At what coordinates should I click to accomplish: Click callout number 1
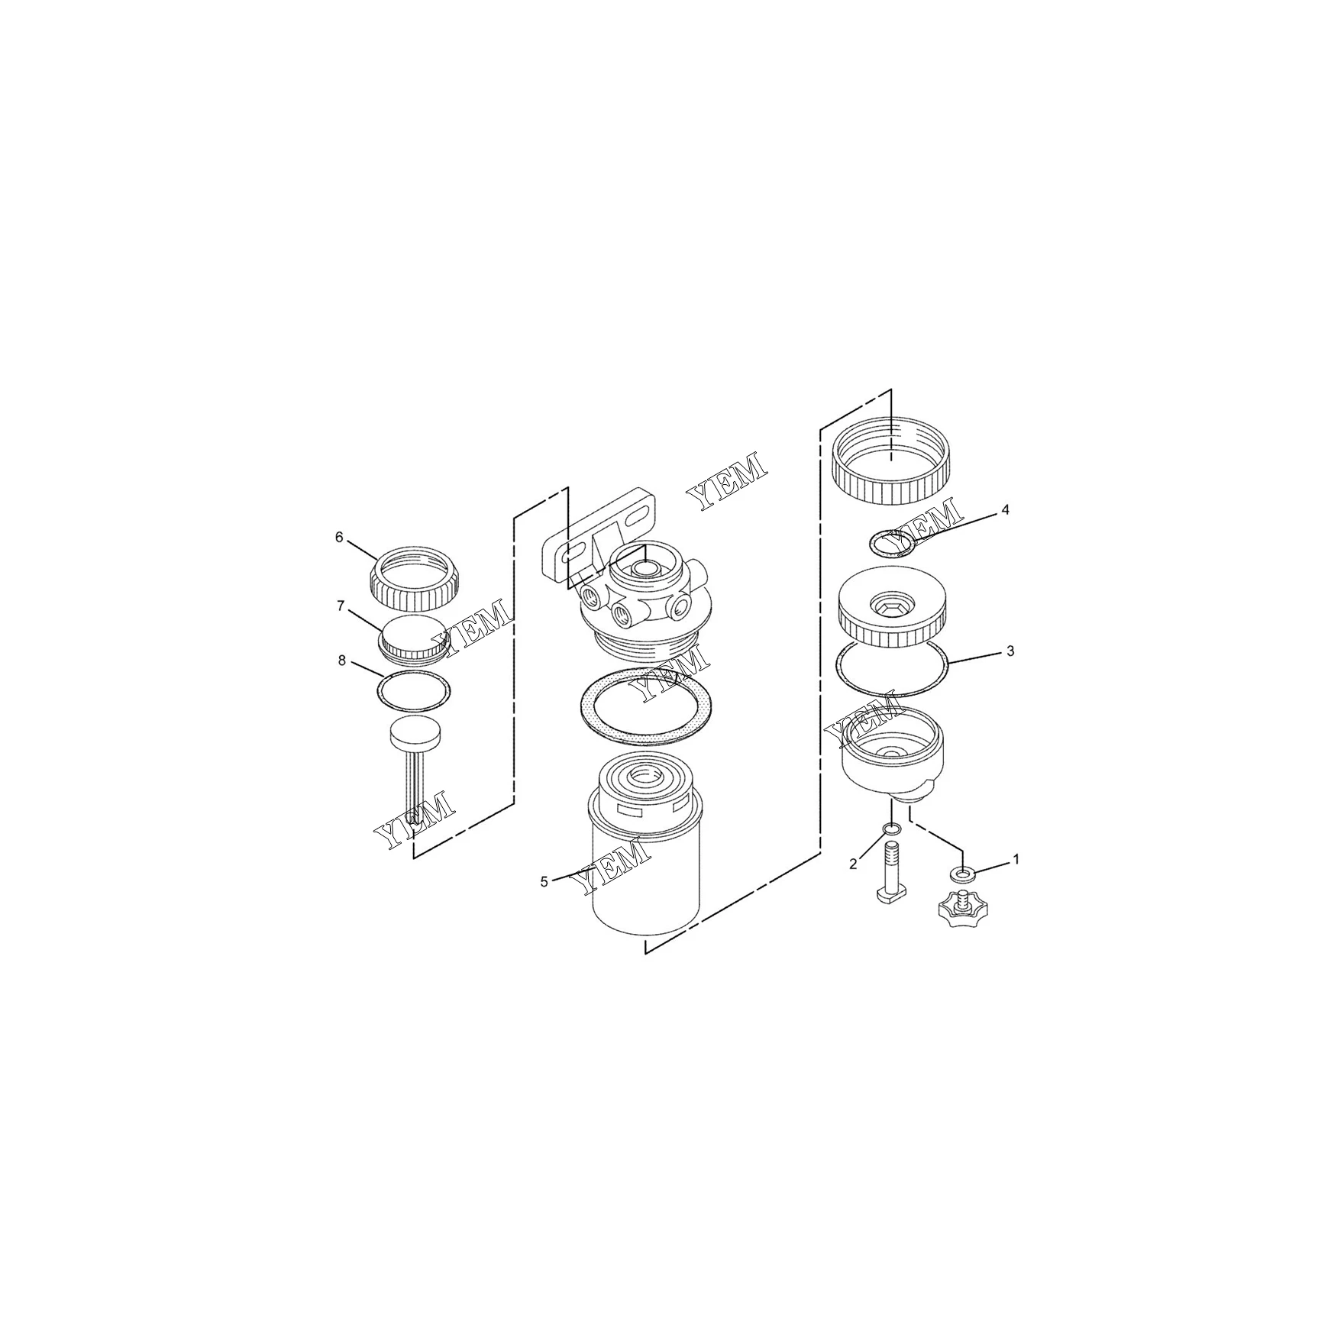pyautogui.click(x=1016, y=859)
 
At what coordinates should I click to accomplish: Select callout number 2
pyautogui.click(x=853, y=864)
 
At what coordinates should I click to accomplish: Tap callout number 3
pyautogui.click(x=1010, y=651)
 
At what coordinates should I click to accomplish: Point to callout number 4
pyautogui.click(x=1006, y=510)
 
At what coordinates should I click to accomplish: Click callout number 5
pyautogui.click(x=544, y=882)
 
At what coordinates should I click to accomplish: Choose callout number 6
pyautogui.click(x=339, y=538)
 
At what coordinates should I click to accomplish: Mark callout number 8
pyautogui.click(x=342, y=661)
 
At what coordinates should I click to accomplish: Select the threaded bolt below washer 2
pyautogui.click(x=892, y=871)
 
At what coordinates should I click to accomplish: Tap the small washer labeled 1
pyautogui.click(x=962, y=873)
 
